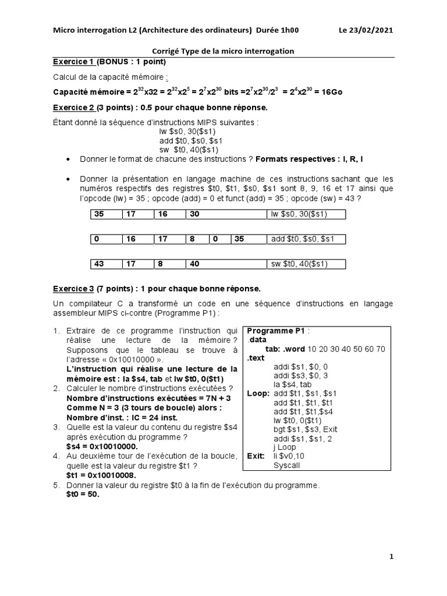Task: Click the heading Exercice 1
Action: tap(73, 62)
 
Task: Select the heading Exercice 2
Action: tap(73, 108)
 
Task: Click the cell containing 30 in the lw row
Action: tap(224, 214)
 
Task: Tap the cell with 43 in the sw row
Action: tap(106, 264)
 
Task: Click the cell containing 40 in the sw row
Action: tap(224, 264)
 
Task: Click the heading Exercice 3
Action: tap(73, 289)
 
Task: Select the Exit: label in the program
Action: tap(256, 456)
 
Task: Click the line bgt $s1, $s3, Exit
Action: tap(305, 430)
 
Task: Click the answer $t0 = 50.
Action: tap(83, 494)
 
